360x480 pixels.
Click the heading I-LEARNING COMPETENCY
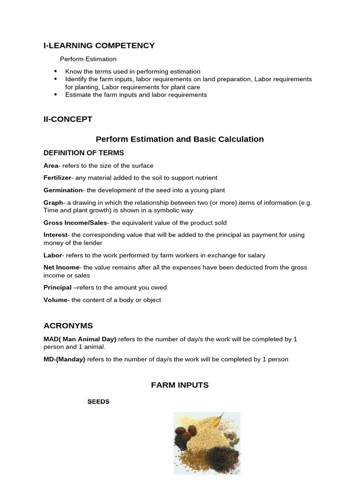point(99,45)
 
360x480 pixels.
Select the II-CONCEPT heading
point(68,119)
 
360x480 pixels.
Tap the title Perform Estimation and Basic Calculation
point(180,139)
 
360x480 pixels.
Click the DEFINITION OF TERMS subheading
point(83,153)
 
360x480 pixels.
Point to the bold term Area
point(51,165)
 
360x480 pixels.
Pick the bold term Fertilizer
point(57,178)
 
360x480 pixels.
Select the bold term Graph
point(53,203)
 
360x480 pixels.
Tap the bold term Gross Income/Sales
point(75,223)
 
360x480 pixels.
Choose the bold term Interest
point(55,235)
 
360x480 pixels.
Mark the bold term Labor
point(52,255)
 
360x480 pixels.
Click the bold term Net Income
point(61,268)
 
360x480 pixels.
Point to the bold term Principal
point(57,287)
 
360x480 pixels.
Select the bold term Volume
point(55,300)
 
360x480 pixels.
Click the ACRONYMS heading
point(68,326)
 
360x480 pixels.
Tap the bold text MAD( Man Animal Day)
point(80,339)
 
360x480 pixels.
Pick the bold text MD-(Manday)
point(64,360)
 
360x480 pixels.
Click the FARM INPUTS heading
point(180,385)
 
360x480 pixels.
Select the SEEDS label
point(98,402)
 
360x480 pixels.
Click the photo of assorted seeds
point(207,443)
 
